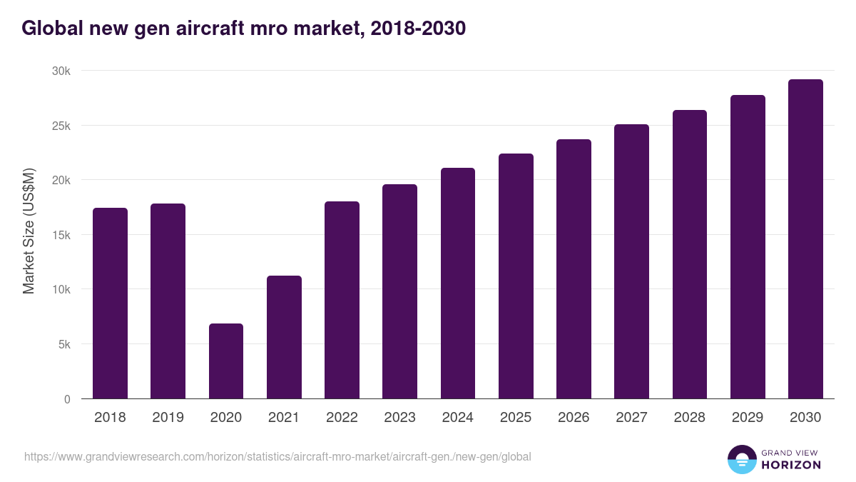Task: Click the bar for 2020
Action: pos(226,361)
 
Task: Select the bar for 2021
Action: pos(284,337)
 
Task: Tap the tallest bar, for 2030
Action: pos(805,239)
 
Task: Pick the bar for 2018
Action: pos(110,303)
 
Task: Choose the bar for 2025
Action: pos(516,276)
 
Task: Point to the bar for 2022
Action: pos(342,300)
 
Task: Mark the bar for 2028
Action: pos(690,254)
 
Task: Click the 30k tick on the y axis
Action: pos(61,71)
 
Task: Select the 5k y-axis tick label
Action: pos(63,344)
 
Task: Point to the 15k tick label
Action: pos(61,235)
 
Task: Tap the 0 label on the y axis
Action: pos(67,399)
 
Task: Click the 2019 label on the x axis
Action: pos(168,418)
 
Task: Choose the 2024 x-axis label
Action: pos(457,418)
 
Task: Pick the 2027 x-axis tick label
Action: pos(631,418)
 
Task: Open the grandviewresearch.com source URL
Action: pos(277,456)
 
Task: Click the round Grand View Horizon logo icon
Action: pos(741,459)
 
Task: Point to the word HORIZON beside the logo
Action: pos(791,465)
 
